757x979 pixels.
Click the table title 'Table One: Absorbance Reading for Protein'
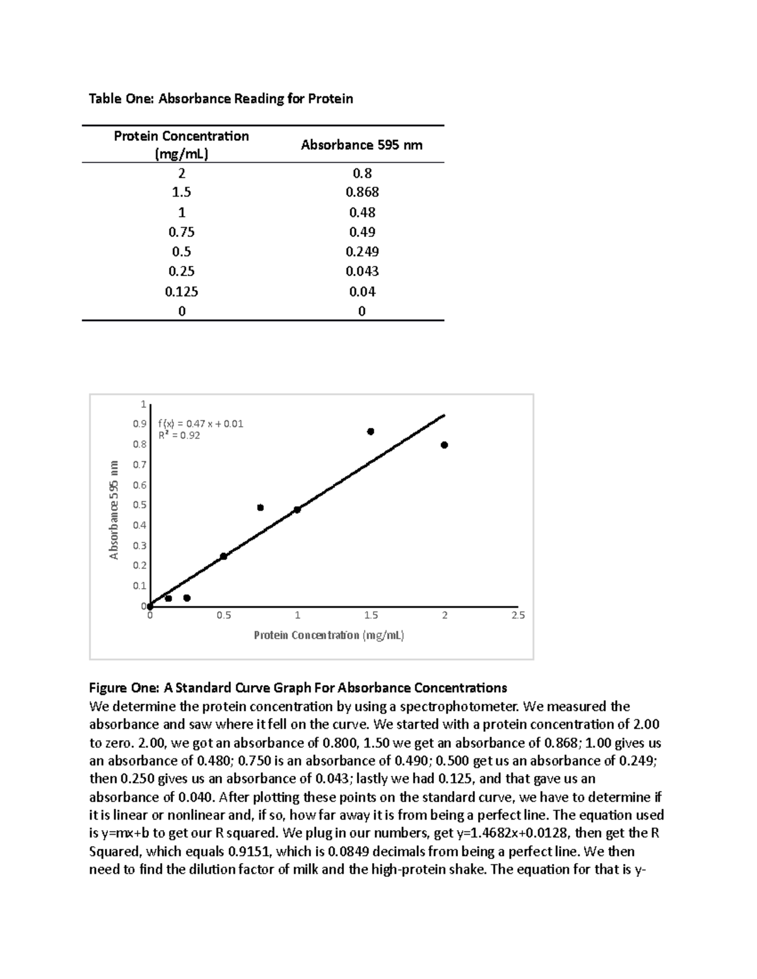[221, 98]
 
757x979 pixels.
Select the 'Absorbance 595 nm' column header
[361, 145]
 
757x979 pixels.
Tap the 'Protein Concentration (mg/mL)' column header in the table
[181, 145]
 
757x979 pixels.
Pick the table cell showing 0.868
[362, 192]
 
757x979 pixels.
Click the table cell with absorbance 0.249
[362, 252]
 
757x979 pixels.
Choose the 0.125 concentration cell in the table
[181, 291]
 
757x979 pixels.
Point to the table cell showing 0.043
[362, 271]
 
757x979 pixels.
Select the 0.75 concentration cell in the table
[181, 231]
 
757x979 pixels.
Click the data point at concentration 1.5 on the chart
[371, 431]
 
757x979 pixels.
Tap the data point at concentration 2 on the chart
[445, 445]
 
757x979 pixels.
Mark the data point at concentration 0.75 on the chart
[261, 507]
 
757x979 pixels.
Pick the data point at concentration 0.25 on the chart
[187, 598]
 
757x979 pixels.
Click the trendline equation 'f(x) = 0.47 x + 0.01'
[201, 424]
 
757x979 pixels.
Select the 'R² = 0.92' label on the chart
[179, 435]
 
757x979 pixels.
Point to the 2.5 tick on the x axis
[518, 615]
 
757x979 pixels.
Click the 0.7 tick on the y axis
[139, 465]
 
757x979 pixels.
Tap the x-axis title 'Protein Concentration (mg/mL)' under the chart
[329, 635]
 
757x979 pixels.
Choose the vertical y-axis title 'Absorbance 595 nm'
[114, 509]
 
